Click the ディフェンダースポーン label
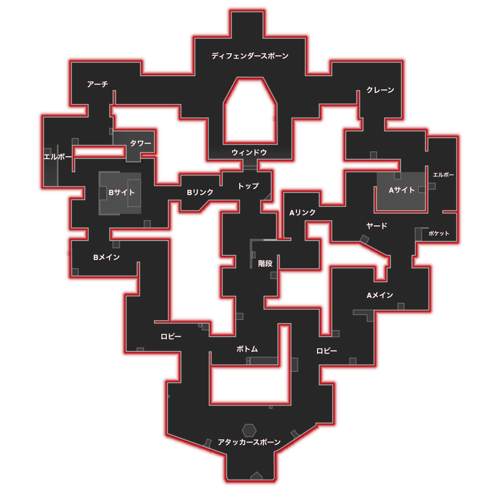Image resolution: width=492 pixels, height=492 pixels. tap(250, 56)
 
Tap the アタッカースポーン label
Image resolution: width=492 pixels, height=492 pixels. tap(249, 442)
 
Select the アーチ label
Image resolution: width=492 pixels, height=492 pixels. tap(98, 84)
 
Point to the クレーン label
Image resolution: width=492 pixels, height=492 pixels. tap(381, 90)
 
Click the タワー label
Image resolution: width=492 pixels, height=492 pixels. tap(141, 143)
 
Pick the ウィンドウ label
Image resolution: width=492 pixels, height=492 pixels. tap(249, 152)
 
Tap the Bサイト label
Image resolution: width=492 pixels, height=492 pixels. tap(122, 192)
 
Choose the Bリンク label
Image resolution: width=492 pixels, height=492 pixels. tap(200, 192)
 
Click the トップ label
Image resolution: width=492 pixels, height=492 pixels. tap(248, 186)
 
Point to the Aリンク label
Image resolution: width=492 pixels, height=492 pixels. tap(303, 212)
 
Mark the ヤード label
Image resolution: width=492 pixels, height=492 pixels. tap(377, 226)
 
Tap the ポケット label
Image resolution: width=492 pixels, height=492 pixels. tap(439, 233)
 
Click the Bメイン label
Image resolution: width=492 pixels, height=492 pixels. tap(107, 258)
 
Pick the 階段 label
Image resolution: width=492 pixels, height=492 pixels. tap(265, 263)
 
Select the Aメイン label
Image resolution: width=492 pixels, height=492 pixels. tap(380, 295)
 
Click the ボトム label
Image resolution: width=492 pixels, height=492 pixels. tap(247, 349)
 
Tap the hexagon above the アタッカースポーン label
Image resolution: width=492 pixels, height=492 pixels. tap(249, 430)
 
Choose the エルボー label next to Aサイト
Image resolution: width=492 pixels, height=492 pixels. tap(443, 175)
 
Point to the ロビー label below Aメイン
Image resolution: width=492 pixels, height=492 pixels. tap(327, 351)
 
